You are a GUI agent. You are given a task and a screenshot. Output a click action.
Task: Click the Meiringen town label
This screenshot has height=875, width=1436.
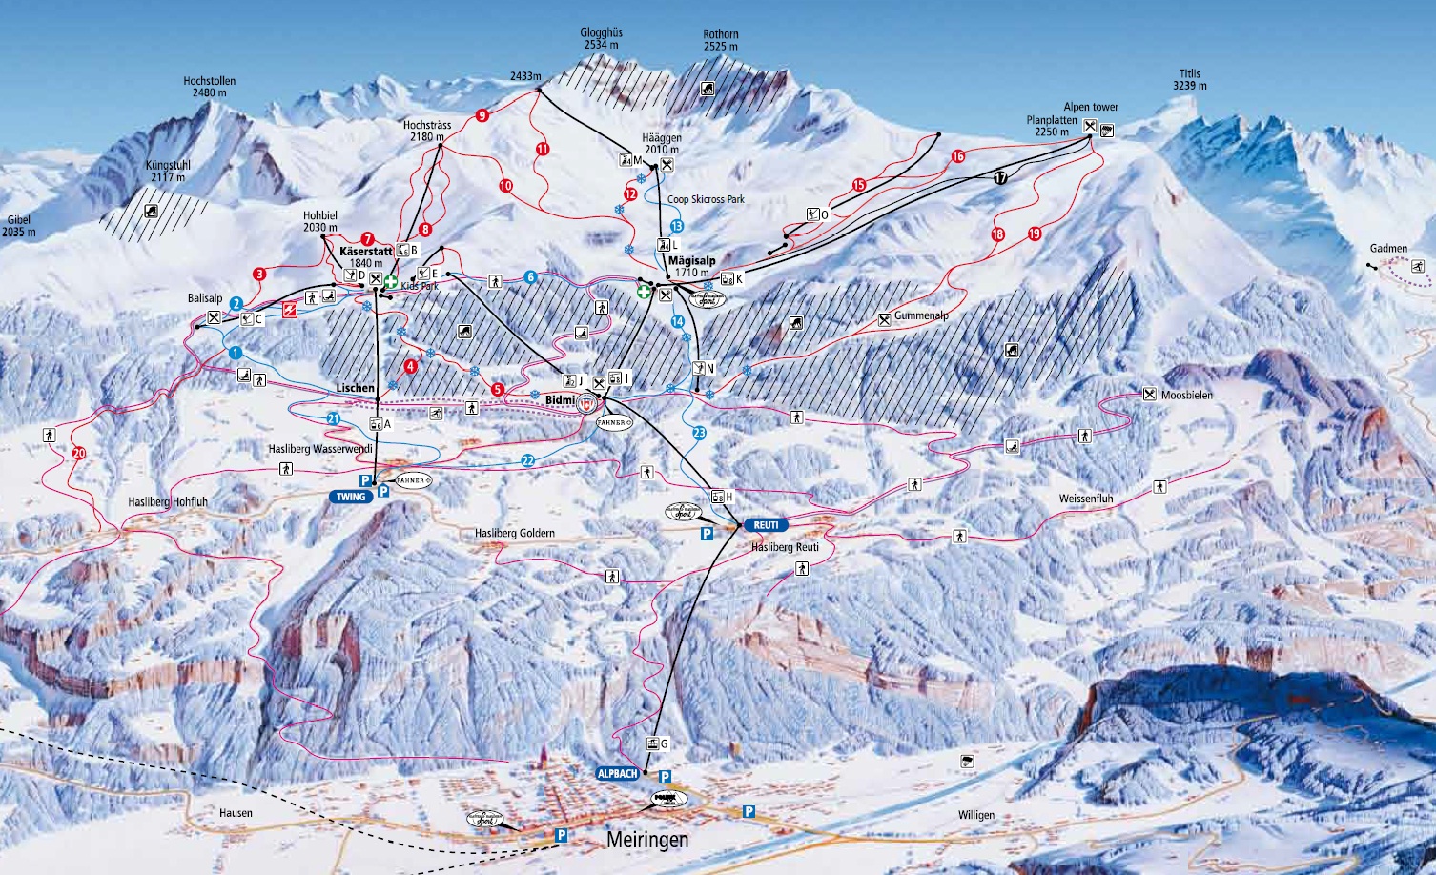click(x=646, y=841)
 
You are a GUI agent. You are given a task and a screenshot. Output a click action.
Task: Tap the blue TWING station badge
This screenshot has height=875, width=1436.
click(x=351, y=497)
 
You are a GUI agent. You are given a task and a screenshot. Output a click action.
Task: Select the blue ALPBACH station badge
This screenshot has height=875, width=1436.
click(x=618, y=774)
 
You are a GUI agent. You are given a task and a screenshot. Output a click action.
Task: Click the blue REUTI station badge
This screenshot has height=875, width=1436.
click(x=766, y=525)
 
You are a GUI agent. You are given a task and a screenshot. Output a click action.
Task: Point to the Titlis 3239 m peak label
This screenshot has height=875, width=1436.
click(x=1190, y=79)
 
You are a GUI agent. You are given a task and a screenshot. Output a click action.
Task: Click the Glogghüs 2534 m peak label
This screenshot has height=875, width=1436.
click(x=601, y=38)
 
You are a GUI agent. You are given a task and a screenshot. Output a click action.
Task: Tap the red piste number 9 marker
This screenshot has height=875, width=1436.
click(x=482, y=115)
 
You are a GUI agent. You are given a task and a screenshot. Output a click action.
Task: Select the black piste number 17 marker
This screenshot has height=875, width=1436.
click(x=1000, y=177)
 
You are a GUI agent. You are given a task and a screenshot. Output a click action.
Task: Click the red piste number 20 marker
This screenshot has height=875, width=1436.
click(x=78, y=453)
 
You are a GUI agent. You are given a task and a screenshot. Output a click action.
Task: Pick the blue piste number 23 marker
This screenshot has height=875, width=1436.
click(x=699, y=433)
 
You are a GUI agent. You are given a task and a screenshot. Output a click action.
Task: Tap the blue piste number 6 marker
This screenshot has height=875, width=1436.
click(x=530, y=277)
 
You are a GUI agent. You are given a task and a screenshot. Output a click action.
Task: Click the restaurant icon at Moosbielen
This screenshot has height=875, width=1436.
click(x=1149, y=394)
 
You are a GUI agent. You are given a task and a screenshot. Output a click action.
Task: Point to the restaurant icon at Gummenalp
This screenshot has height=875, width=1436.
click(x=884, y=319)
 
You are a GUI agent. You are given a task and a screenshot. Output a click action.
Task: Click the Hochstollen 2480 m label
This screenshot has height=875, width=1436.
click(x=209, y=87)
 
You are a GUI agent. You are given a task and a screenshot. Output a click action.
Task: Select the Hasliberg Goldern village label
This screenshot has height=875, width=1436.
click(x=515, y=534)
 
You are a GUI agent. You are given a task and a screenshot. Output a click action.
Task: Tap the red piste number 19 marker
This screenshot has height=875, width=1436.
click(x=1035, y=234)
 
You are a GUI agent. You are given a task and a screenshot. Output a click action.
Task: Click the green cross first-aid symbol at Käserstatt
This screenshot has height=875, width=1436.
click(x=391, y=280)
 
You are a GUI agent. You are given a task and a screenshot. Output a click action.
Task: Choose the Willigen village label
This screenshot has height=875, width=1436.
click(x=976, y=815)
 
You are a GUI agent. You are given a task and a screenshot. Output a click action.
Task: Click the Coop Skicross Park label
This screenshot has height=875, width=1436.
click(x=706, y=199)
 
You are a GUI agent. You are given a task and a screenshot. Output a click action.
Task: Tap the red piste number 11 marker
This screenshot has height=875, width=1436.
click(x=543, y=149)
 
